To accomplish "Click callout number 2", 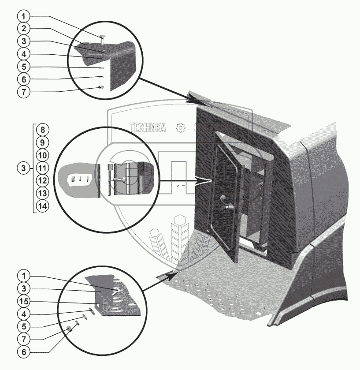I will (25, 28).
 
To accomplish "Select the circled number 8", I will (43, 130).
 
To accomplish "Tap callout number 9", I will (43, 143).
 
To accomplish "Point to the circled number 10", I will (43, 155).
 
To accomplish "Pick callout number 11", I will (43, 168).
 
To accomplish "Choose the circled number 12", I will (43, 180).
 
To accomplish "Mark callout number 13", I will (43, 193).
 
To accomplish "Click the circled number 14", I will (43, 206).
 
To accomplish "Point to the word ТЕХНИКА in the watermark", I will (148, 128).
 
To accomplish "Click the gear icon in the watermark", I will (180, 128).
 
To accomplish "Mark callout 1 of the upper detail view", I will (25, 16).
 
